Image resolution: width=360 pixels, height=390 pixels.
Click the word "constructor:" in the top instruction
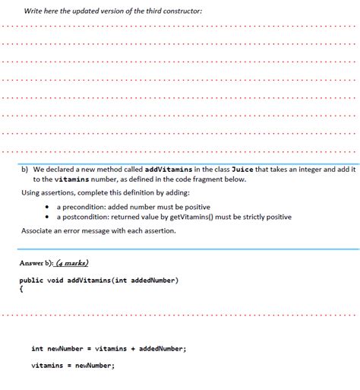(182, 11)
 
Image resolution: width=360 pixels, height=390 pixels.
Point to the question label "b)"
(24, 169)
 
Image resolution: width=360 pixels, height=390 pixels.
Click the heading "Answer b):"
(36, 263)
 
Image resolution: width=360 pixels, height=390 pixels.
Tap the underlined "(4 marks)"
(71, 263)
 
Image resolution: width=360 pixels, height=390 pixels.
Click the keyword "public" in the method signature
(31, 281)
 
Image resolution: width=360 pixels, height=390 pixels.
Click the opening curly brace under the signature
(21, 289)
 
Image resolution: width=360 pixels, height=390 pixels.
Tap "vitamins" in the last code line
(46, 365)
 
